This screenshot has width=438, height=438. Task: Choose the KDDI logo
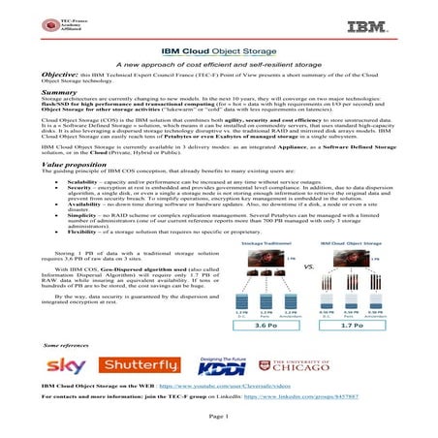[228, 367]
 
